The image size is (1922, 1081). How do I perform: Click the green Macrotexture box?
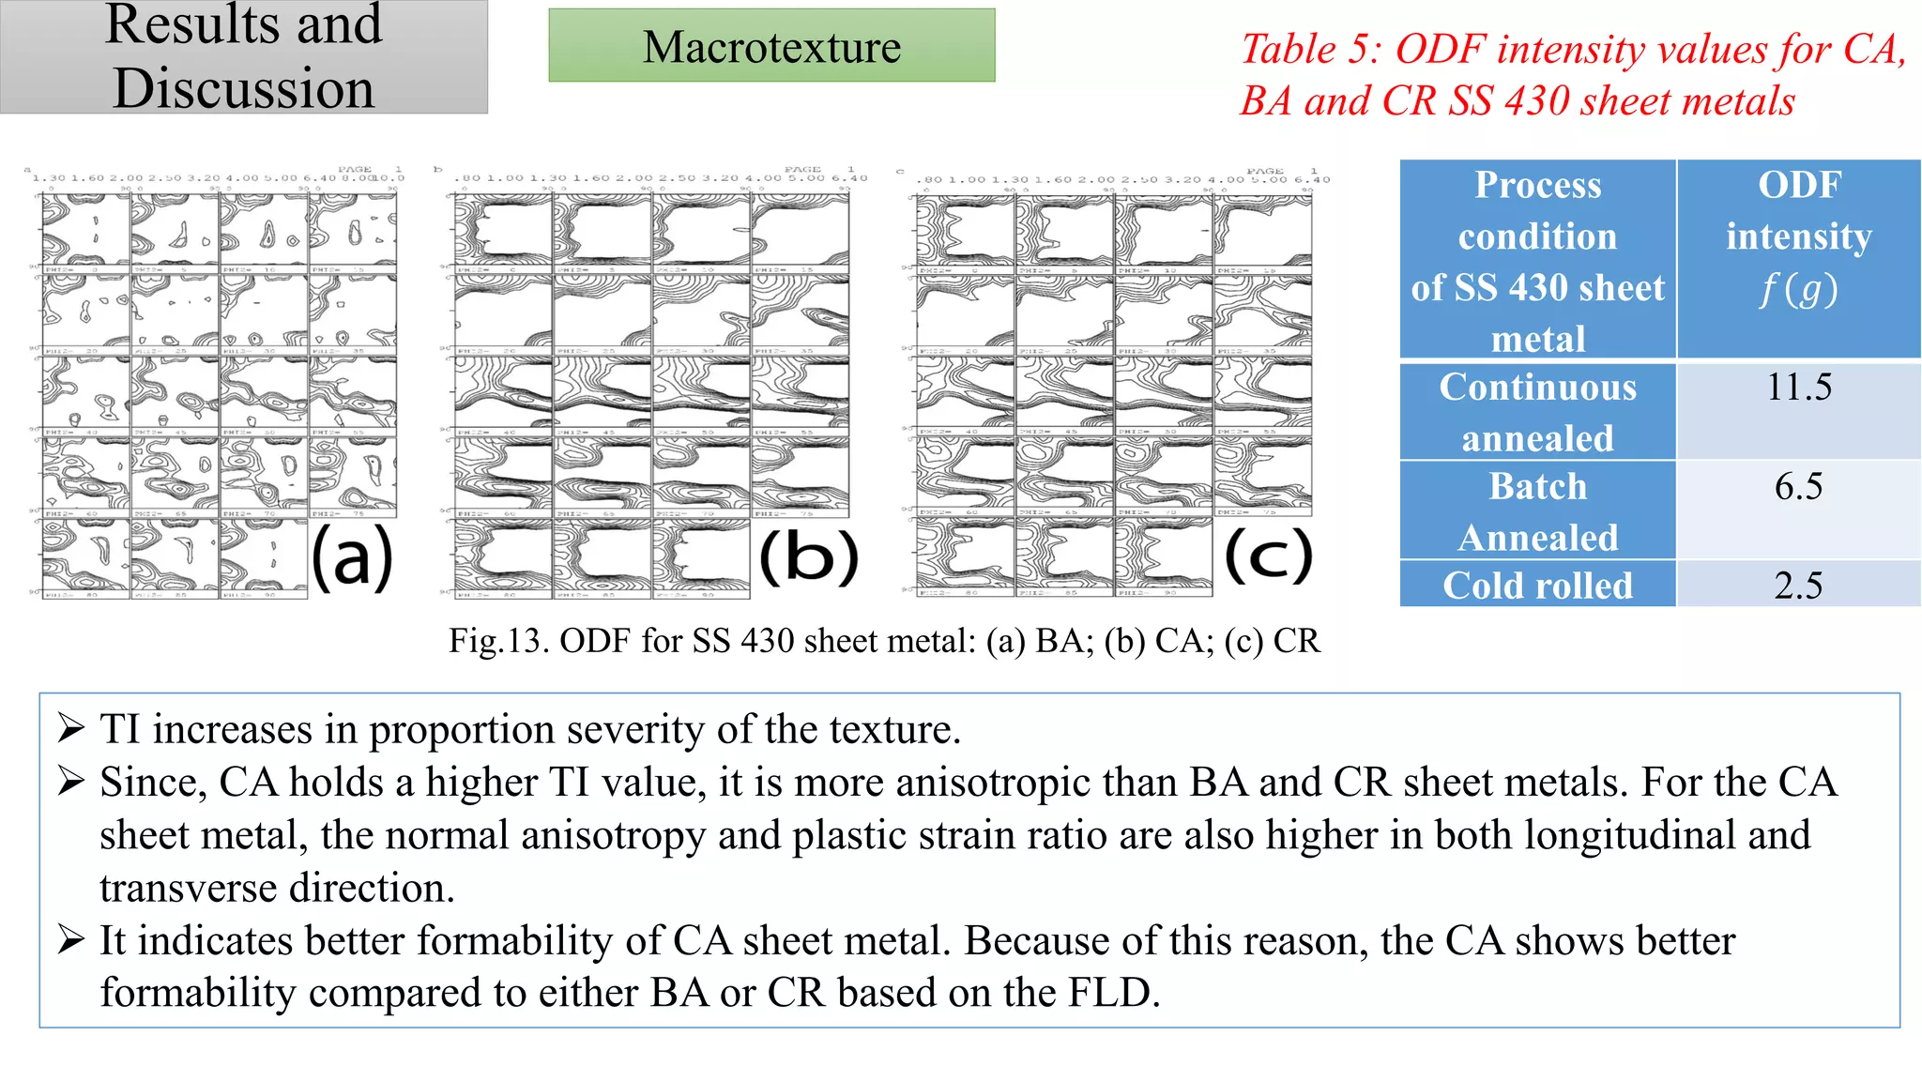tap(771, 46)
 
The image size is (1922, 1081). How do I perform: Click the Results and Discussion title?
tap(243, 56)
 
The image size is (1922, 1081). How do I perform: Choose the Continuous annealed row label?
tap(1537, 413)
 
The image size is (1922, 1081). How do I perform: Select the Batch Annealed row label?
tap(1537, 511)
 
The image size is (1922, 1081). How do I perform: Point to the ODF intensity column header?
tap(1798, 236)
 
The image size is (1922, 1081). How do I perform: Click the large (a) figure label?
tap(352, 557)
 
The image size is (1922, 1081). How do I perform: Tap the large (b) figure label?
tap(808, 557)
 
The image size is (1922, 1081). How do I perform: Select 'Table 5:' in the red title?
tap(1310, 50)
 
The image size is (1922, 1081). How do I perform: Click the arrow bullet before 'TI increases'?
tap(71, 728)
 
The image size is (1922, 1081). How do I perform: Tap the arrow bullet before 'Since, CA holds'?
tap(71, 781)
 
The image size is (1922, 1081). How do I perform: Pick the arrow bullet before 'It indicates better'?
tap(71, 939)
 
